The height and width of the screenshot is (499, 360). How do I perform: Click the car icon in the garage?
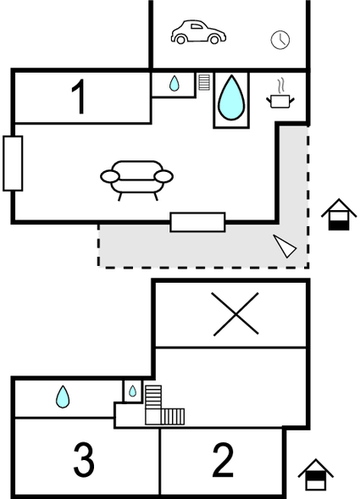tap(198, 32)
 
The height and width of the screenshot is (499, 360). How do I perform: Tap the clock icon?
tap(280, 40)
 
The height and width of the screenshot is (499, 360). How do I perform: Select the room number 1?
tap(79, 97)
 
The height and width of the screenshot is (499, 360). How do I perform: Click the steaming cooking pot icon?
tap(280, 96)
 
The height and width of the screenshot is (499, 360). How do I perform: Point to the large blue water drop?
tap(231, 98)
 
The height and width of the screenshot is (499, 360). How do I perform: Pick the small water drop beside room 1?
tap(174, 83)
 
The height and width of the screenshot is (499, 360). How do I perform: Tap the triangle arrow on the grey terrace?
tap(285, 246)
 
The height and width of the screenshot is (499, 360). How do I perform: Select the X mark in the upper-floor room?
tap(235, 313)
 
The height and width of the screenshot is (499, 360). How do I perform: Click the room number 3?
tap(84, 460)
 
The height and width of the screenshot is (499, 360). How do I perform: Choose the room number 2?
tap(223, 460)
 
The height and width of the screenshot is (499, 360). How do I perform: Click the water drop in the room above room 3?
tap(63, 396)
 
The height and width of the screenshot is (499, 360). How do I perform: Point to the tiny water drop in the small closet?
tap(132, 391)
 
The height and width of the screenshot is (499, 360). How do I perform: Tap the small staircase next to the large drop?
tap(204, 82)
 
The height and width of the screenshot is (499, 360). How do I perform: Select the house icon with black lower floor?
tap(339, 214)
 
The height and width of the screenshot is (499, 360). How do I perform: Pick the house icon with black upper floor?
tap(315, 474)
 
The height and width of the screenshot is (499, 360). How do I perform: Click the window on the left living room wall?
tap(13, 164)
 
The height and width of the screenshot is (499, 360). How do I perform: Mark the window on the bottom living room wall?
tap(197, 222)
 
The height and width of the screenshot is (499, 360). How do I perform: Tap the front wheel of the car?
tap(215, 40)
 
